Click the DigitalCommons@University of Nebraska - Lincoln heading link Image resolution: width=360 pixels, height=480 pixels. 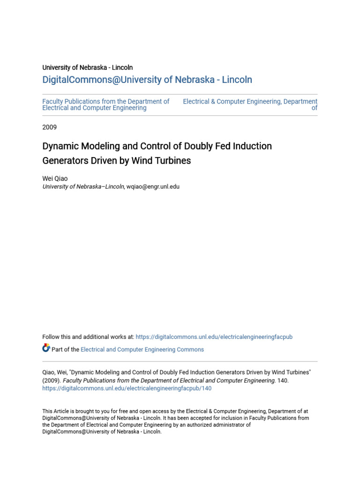click(147, 80)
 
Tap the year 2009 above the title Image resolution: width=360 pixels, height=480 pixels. click(50, 127)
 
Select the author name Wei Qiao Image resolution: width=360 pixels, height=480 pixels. click(55, 179)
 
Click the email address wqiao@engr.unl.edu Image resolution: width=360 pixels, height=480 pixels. click(153, 187)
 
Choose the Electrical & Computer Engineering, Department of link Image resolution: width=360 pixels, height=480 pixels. click(250, 105)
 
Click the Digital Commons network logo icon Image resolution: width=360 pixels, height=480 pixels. click(46, 348)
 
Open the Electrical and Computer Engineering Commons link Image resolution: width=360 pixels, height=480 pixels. click(142, 350)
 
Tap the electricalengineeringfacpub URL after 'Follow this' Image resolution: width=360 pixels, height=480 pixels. click(214, 337)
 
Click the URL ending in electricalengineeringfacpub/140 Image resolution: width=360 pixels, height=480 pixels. click(127, 389)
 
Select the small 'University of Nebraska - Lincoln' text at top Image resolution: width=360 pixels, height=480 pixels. click(88, 67)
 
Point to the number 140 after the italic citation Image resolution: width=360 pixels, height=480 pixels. click(282, 381)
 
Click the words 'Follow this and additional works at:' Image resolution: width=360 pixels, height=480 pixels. click(88, 337)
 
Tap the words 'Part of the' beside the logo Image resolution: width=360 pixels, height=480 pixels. click(65, 350)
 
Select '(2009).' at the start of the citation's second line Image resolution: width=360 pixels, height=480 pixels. click(52, 381)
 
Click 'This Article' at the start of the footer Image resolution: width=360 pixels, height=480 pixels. click(53, 412)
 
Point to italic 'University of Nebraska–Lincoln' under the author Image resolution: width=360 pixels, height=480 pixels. click(83, 187)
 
